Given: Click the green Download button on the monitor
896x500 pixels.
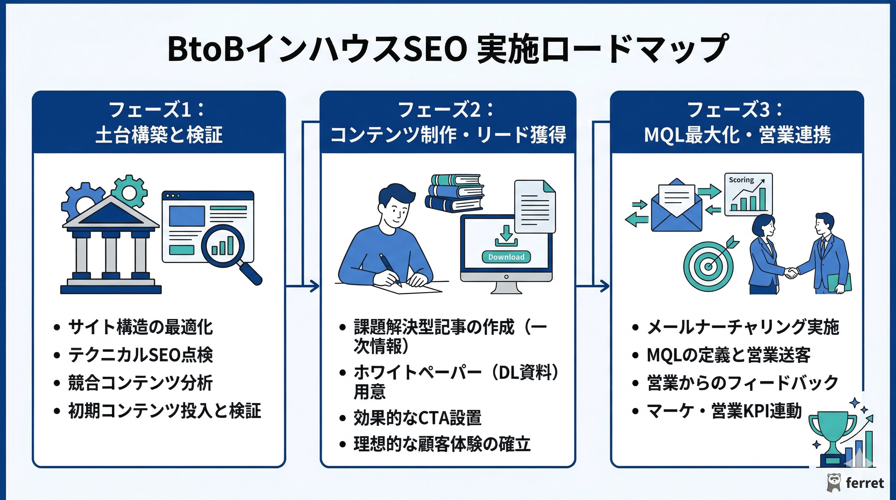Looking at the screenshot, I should click(x=506, y=257).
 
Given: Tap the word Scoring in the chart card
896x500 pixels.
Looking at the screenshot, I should click(x=741, y=180).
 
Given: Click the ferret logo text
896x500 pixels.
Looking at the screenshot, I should click(x=864, y=483).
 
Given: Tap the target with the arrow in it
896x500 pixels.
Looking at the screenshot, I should click(x=708, y=266).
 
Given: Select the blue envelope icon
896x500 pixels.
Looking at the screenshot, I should click(x=676, y=209).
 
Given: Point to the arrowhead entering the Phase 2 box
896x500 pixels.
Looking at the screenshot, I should click(x=315, y=286).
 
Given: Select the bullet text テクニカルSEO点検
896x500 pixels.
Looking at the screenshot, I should click(x=140, y=355).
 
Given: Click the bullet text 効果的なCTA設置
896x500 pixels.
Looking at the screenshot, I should click(x=417, y=418).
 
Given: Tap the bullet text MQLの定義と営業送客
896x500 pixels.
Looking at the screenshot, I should click(x=728, y=355).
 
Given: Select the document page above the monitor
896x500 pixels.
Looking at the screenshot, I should click(x=535, y=207).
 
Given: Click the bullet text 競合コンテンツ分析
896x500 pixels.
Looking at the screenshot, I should click(x=140, y=383).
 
